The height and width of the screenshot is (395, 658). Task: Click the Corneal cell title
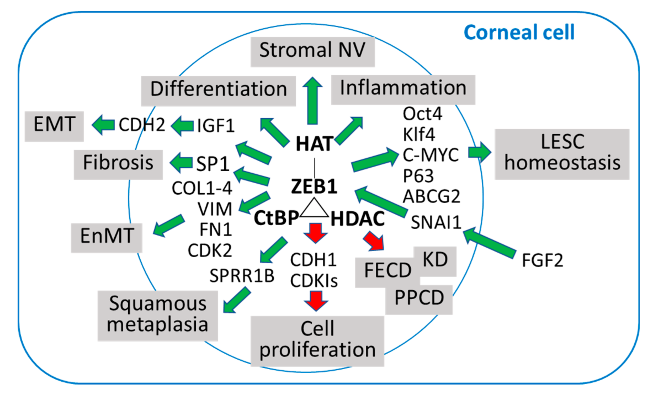pyautogui.click(x=519, y=32)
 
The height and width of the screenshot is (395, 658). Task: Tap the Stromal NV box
pyautogui.click(x=312, y=52)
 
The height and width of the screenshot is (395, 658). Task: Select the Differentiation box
pyautogui.click(x=218, y=91)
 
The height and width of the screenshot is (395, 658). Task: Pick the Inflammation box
pyautogui.click(x=403, y=90)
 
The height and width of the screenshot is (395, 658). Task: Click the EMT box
pyautogui.click(x=54, y=126)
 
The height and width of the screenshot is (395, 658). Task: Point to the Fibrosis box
pyautogui.click(x=118, y=165)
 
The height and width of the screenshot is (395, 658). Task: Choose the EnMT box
pyautogui.click(x=107, y=238)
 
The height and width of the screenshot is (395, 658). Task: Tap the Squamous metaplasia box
pyautogui.click(x=158, y=316)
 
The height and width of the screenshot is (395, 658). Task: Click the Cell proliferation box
pyautogui.click(x=317, y=341)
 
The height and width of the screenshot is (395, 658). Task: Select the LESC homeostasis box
pyautogui.click(x=562, y=154)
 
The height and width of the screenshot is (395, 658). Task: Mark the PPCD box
pyautogui.click(x=419, y=300)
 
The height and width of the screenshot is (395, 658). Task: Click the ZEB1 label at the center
pyautogui.click(x=314, y=186)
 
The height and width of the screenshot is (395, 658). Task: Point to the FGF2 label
pyautogui.click(x=542, y=260)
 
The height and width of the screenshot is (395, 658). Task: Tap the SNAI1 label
pyautogui.click(x=436, y=222)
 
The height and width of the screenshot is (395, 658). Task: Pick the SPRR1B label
pyautogui.click(x=242, y=276)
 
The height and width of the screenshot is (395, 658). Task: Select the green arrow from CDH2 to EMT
pyautogui.click(x=103, y=125)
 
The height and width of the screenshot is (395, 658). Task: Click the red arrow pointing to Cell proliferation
pyautogui.click(x=316, y=301)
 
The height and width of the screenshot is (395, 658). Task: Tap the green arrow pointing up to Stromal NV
pyautogui.click(x=312, y=101)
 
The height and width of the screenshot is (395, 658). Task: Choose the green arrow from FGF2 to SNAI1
pyautogui.click(x=489, y=243)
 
